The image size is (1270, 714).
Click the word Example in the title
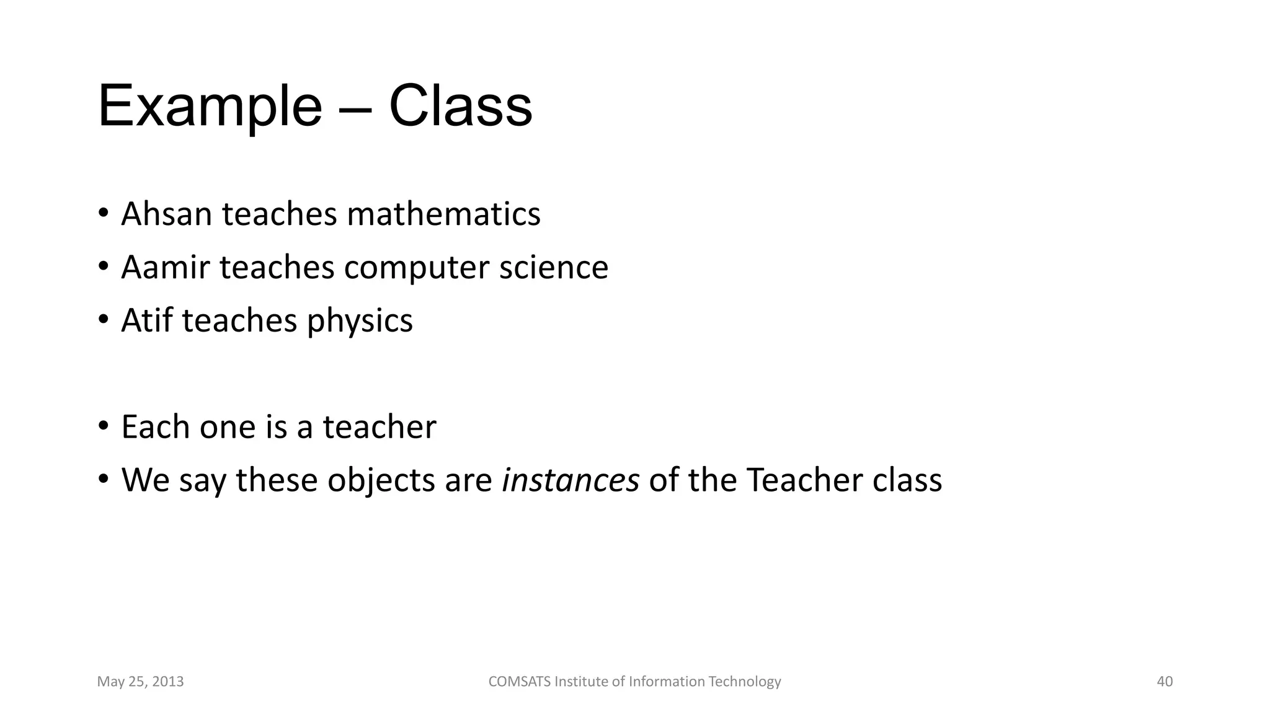(210, 107)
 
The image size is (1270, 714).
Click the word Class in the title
(460, 107)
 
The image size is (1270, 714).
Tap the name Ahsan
(167, 214)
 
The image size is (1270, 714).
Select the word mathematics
(443, 214)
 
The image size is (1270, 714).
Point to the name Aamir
(166, 267)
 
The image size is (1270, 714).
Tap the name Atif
(147, 320)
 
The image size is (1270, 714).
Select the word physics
(360, 322)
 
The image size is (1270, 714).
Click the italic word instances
(571, 480)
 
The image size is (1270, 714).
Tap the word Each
(156, 427)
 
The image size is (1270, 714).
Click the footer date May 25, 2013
(141, 682)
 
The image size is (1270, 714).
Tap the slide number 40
(1165, 682)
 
